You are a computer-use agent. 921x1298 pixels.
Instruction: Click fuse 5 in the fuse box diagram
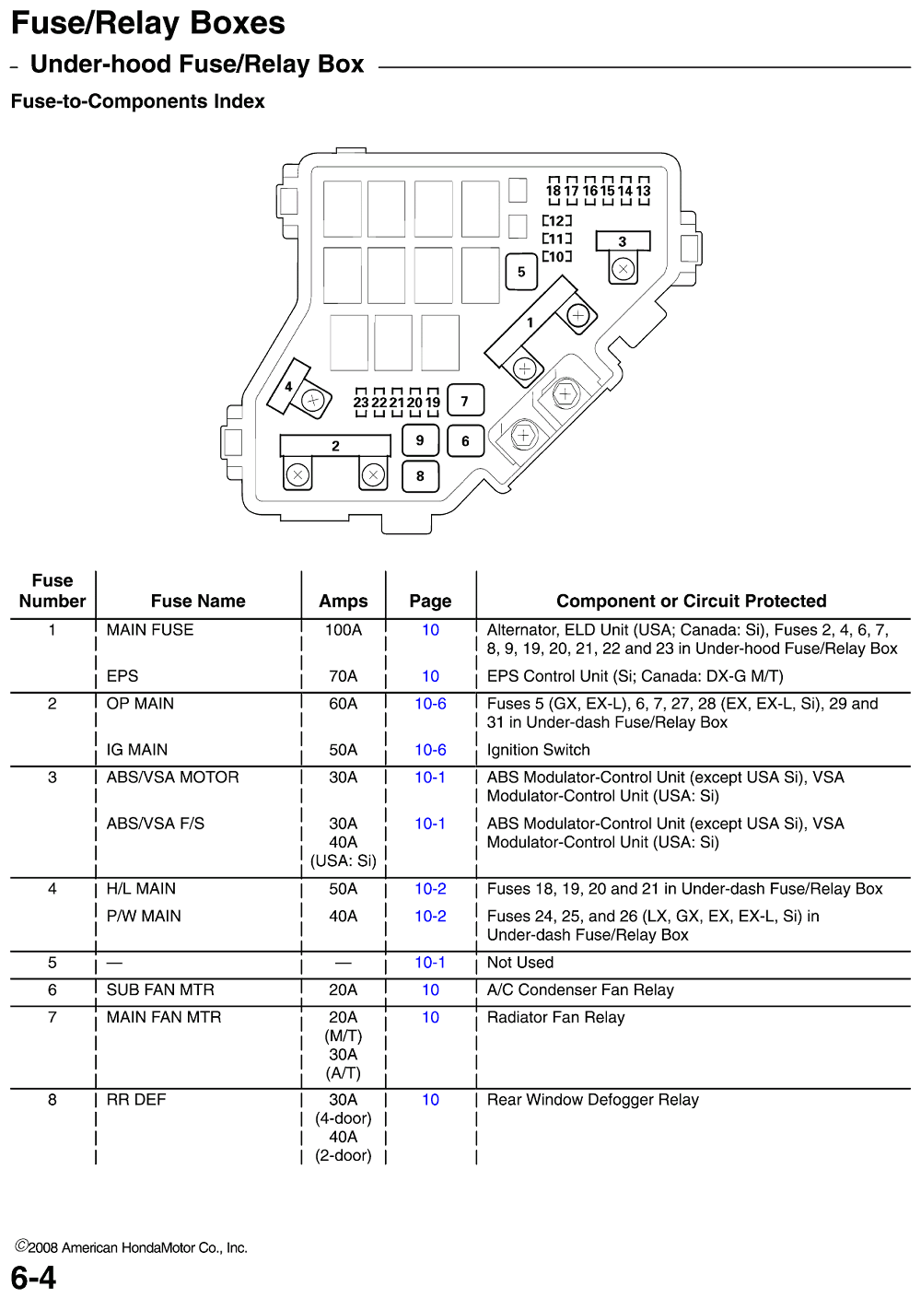[521, 272]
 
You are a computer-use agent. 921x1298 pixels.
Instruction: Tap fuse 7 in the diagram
[465, 402]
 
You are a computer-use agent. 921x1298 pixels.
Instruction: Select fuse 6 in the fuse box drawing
[465, 441]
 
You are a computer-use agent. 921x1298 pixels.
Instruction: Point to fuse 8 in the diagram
[420, 476]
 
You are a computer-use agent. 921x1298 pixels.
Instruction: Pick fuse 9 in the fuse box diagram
[420, 440]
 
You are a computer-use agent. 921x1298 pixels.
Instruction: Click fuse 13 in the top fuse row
[644, 189]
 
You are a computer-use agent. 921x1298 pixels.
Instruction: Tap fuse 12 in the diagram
[556, 221]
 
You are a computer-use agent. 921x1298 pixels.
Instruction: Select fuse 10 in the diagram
[556, 256]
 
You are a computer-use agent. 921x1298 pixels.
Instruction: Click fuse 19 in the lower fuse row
[433, 402]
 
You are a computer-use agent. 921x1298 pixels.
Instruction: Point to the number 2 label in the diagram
[336, 446]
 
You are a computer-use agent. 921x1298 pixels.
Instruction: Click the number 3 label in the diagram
[623, 240]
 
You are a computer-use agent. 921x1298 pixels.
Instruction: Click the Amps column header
[343, 602]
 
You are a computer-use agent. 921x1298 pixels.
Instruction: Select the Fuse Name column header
[199, 602]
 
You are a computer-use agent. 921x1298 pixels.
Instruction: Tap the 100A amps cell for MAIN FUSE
[343, 630]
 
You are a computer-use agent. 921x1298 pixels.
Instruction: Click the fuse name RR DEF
[136, 1100]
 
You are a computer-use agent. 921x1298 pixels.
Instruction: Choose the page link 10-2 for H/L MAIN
[430, 889]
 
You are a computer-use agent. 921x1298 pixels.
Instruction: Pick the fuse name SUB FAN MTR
[160, 990]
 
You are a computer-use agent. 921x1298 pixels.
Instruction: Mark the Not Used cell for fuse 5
[519, 963]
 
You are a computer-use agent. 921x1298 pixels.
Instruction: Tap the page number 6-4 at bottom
[34, 1278]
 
